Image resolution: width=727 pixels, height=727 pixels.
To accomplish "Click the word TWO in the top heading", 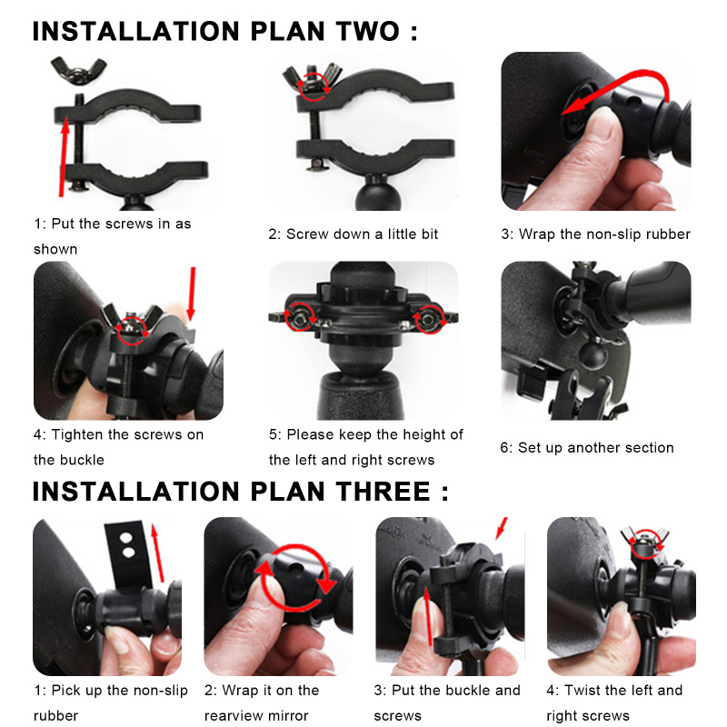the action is pos(368,32).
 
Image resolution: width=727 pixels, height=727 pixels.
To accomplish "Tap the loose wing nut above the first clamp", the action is pos(78,70).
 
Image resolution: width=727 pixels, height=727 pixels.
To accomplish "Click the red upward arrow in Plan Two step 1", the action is pos(64,156).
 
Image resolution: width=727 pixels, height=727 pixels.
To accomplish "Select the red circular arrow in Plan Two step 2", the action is pos(314,86).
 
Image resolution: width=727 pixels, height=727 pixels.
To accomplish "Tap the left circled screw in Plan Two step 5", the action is pos(299,316).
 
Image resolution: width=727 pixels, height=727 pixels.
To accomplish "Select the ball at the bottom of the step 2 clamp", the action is pos(373,194).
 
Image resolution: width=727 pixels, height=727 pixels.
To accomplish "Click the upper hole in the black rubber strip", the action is pos(125,538).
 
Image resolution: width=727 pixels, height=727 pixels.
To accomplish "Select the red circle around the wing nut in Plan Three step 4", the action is pos(644,543).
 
